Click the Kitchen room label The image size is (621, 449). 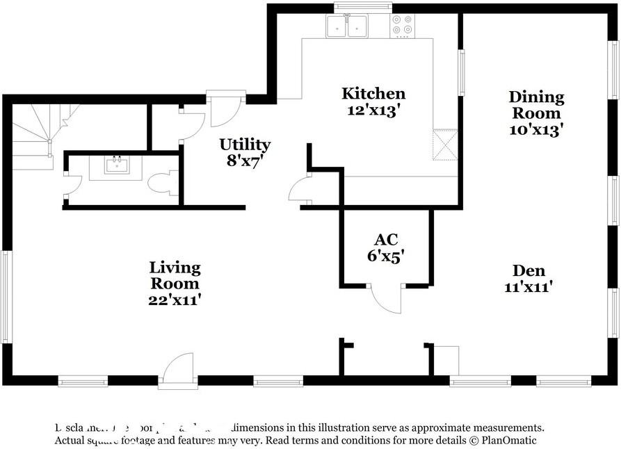click(x=373, y=93)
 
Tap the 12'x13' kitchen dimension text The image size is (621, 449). click(x=373, y=110)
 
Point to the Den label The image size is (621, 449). click(x=529, y=270)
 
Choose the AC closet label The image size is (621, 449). click(x=386, y=240)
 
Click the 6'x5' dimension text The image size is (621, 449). click(x=386, y=255)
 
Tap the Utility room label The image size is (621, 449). click(x=245, y=145)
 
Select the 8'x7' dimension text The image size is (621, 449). click(x=245, y=161)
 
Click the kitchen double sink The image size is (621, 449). click(x=348, y=26)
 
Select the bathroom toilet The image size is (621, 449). click(x=162, y=184)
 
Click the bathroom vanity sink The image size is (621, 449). click(x=115, y=165)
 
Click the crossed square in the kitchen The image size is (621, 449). click(x=442, y=145)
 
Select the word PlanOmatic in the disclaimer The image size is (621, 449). click(x=508, y=440)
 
